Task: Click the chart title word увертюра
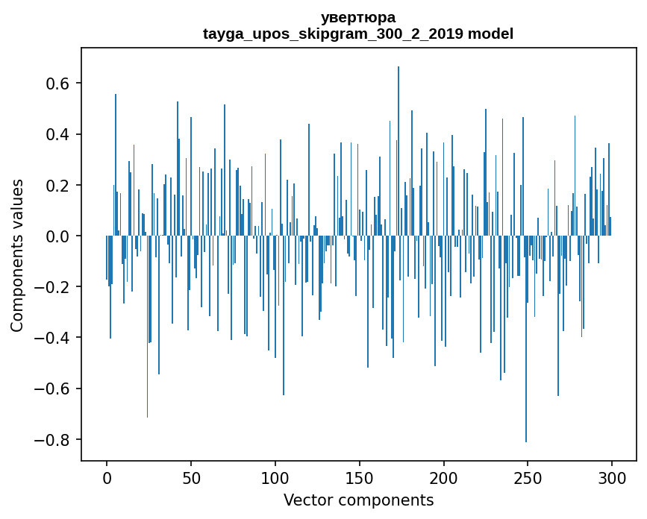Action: click(358, 17)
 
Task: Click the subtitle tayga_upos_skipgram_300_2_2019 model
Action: click(358, 34)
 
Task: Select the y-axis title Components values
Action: click(17, 255)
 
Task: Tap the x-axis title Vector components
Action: click(358, 500)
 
